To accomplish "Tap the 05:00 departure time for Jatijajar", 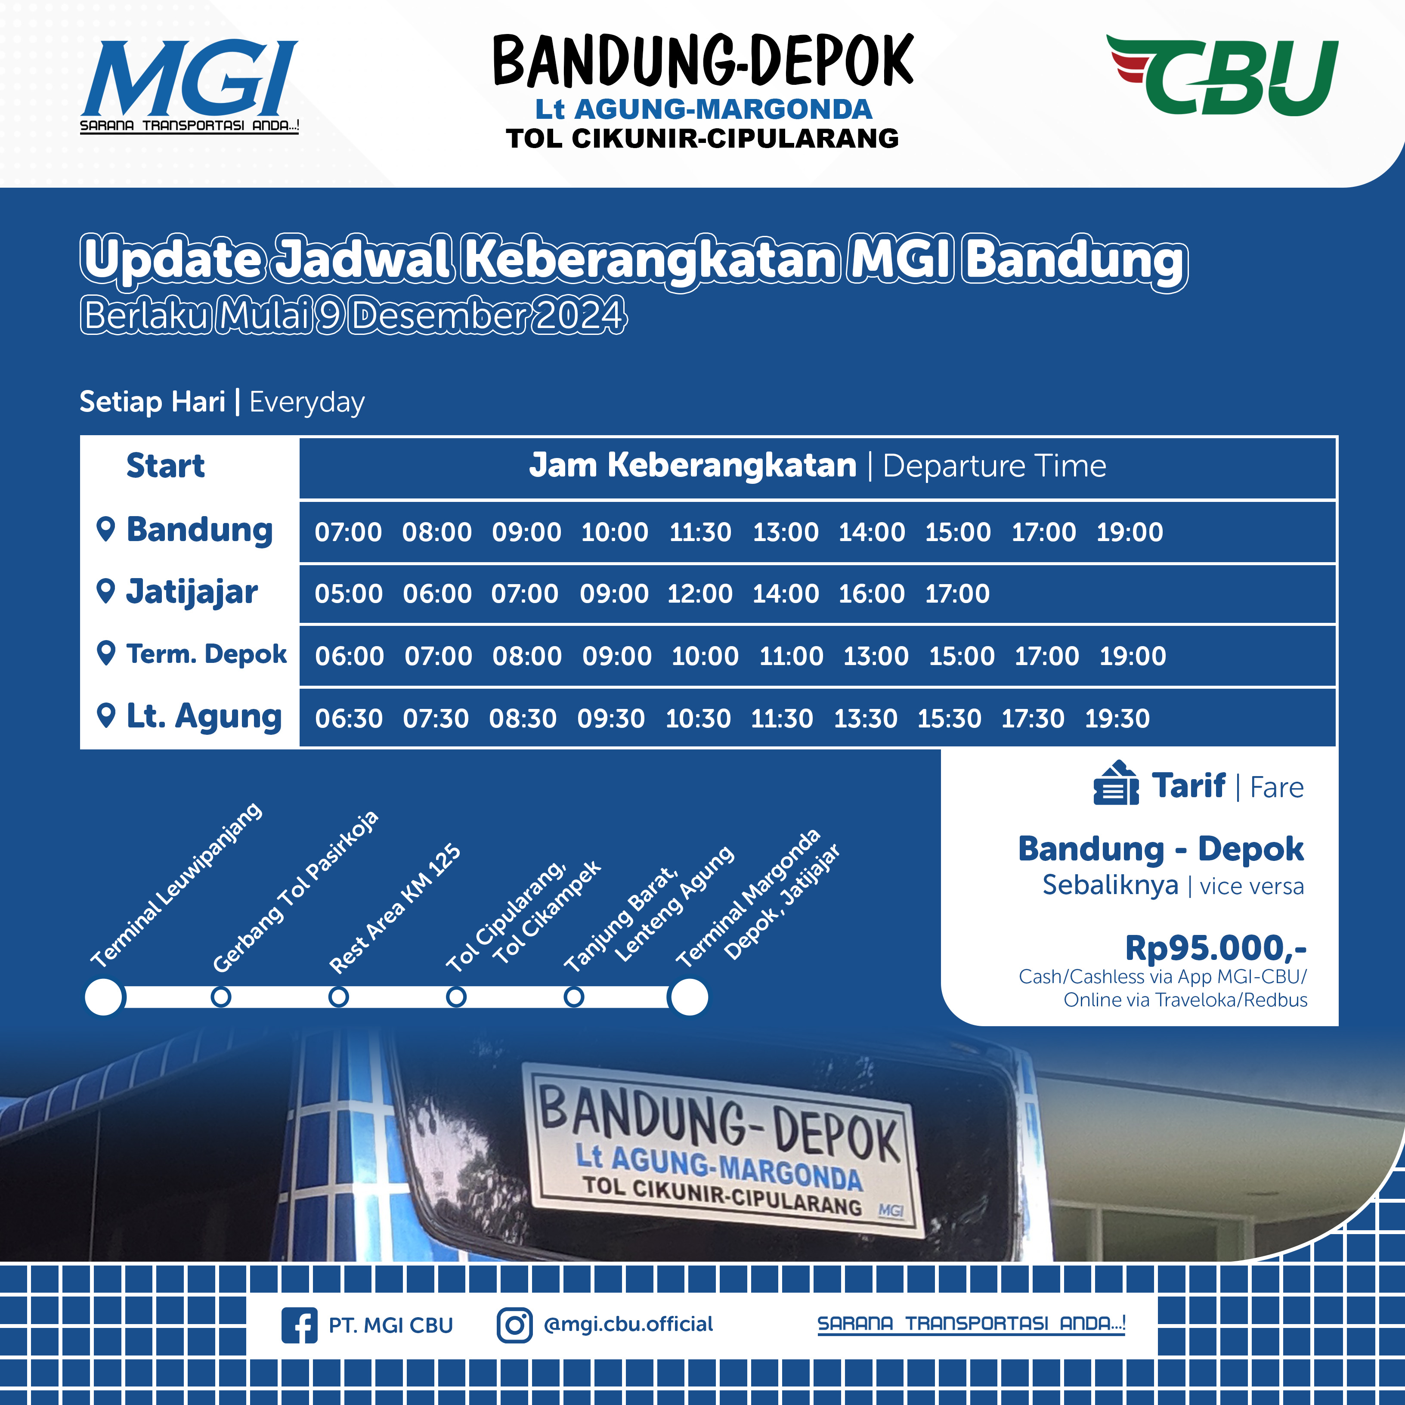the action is [x=348, y=594].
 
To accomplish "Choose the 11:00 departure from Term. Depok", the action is [x=791, y=656].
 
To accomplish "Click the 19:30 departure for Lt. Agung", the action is [x=1117, y=718].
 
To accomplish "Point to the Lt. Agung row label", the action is [x=204, y=716].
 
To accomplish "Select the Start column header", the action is [x=165, y=465].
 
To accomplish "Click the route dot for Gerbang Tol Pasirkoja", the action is [x=221, y=996].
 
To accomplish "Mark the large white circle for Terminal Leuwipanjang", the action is [x=104, y=997].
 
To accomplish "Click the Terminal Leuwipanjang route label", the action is [x=176, y=885].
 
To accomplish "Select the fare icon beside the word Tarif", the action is [x=1116, y=783].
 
